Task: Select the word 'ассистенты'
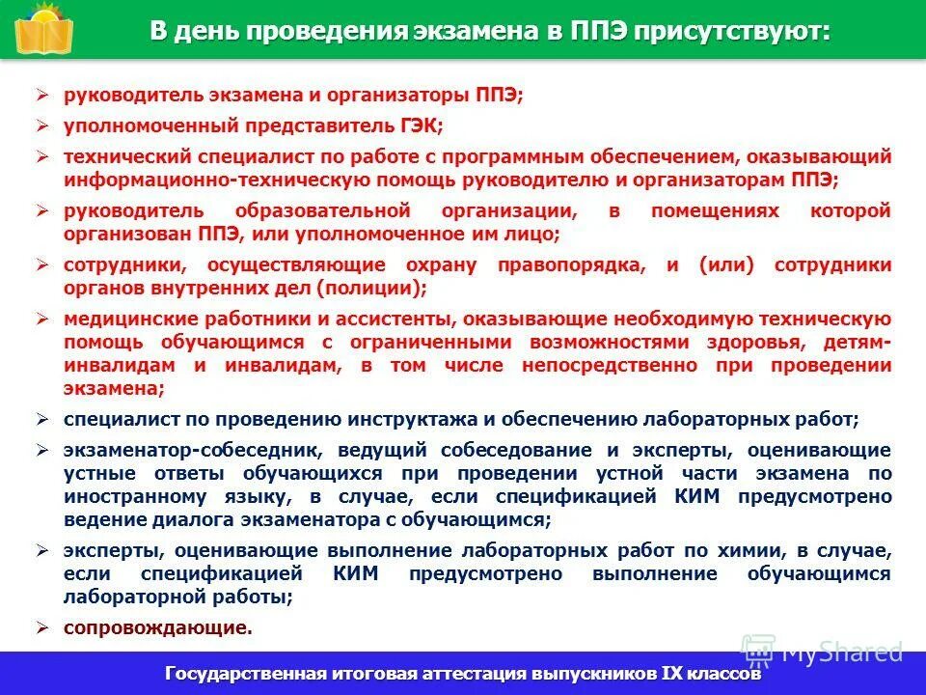[x=398, y=319]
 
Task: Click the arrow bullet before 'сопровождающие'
[x=42, y=627]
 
